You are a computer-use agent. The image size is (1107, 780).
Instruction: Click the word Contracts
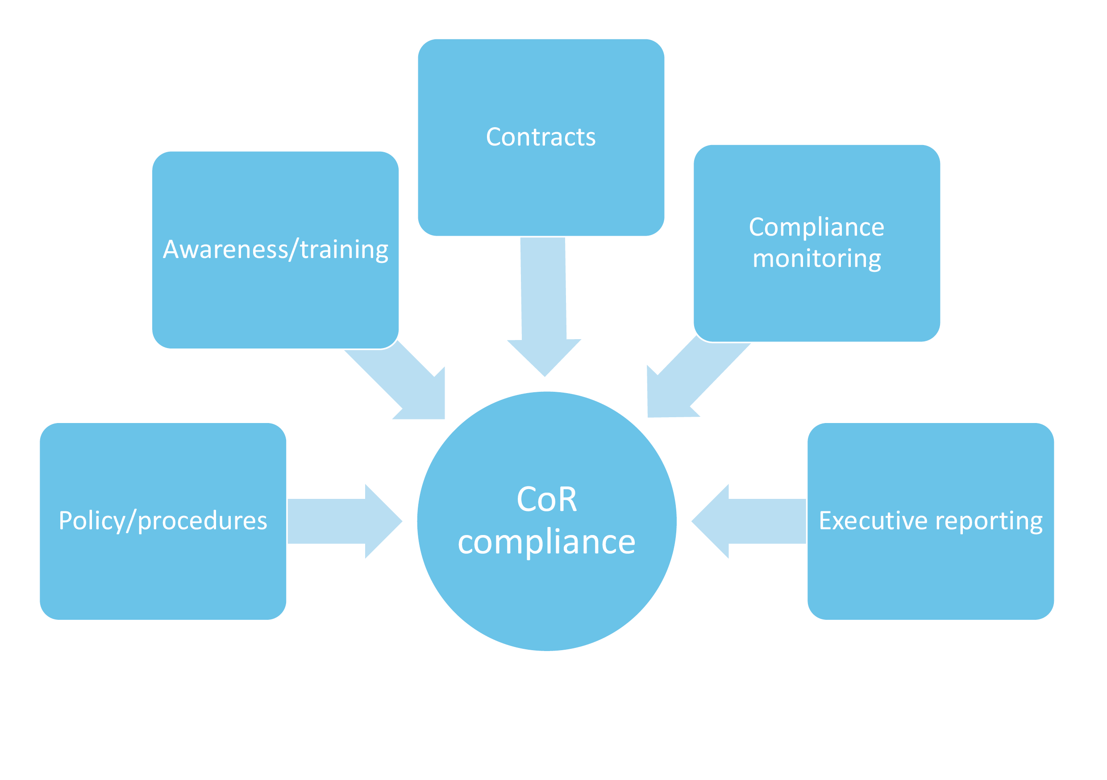point(541,137)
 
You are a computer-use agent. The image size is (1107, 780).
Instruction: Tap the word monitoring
point(816,259)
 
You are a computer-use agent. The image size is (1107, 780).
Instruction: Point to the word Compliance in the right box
point(816,227)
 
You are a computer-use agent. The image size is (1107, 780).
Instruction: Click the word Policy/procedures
point(162,521)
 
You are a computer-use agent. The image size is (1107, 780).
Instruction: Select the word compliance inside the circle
point(546,542)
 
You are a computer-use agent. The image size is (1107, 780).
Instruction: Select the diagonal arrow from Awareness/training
point(400,381)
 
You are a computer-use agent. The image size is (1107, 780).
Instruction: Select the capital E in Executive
point(825,521)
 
